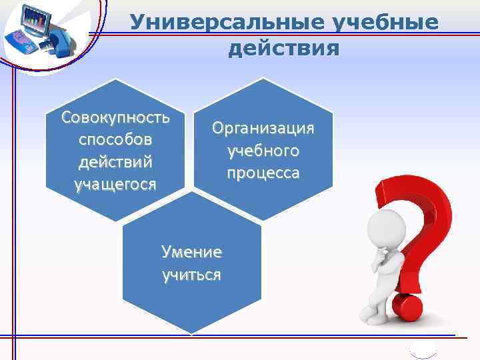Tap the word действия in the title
click(x=284, y=48)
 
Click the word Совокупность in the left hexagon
click(x=116, y=118)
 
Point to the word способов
click(x=115, y=140)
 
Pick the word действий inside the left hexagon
click(x=115, y=162)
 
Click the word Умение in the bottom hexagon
click(x=192, y=252)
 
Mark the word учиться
click(x=192, y=275)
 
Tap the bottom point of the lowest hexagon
click(x=192, y=333)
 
